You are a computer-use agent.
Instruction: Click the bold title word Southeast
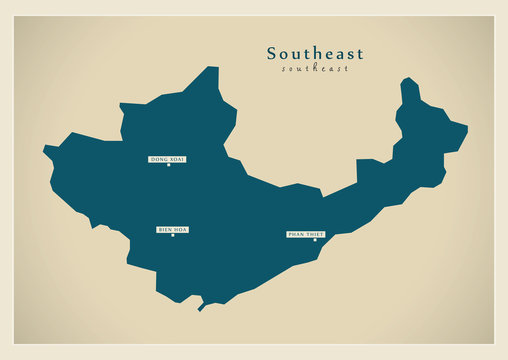(315, 54)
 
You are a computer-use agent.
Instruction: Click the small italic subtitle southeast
(315, 69)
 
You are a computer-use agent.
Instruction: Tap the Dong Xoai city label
(167, 159)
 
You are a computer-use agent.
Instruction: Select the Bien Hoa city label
(172, 229)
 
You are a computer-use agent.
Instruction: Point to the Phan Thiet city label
(306, 233)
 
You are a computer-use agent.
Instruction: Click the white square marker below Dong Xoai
(168, 166)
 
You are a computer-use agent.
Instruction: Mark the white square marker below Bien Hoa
(172, 236)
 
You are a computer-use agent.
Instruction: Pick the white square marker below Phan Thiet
(314, 240)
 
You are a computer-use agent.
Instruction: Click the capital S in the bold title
(272, 54)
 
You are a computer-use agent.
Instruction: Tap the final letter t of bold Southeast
(360, 54)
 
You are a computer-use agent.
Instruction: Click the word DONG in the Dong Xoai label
(159, 159)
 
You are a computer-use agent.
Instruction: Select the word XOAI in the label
(177, 159)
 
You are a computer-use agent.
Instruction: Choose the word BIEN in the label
(165, 229)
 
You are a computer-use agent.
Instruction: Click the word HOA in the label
(181, 229)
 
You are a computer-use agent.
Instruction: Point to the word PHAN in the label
(295, 233)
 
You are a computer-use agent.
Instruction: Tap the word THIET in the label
(314, 233)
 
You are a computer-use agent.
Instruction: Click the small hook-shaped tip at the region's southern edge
(201, 308)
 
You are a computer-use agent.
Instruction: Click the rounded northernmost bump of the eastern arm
(407, 80)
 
